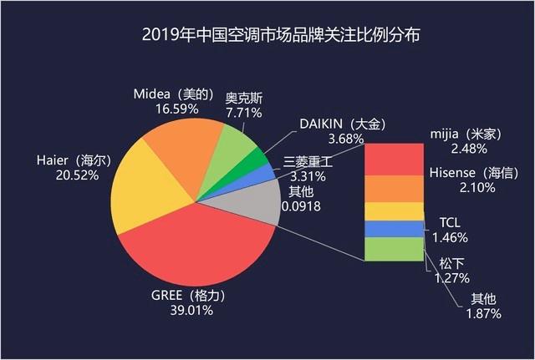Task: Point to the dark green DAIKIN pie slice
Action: tap(254, 162)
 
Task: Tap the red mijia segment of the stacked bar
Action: tap(393, 159)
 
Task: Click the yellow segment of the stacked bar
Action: tap(393, 210)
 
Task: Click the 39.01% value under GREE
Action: tap(194, 311)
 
